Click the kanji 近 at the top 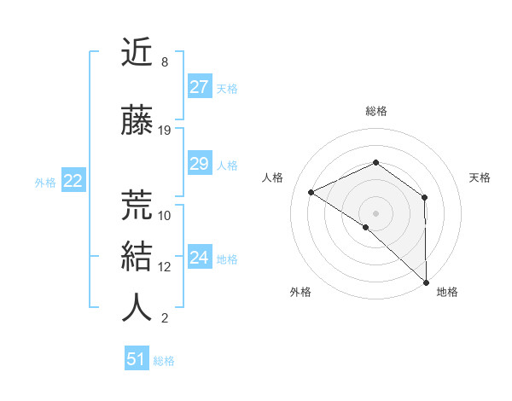[137, 54]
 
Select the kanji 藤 [137, 121]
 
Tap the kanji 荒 [137, 205]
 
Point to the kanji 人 [137, 308]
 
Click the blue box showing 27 [200, 87]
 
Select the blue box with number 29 [200, 165]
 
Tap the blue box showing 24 [200, 258]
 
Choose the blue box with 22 [73, 181]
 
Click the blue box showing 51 [137, 359]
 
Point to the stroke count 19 [165, 131]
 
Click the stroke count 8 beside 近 [164, 63]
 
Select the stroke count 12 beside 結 [165, 267]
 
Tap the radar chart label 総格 [376, 111]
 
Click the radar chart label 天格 [480, 177]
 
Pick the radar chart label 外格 [300, 292]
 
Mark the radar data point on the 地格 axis [426, 282]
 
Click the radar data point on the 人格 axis [311, 192]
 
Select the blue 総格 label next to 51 [164, 361]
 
